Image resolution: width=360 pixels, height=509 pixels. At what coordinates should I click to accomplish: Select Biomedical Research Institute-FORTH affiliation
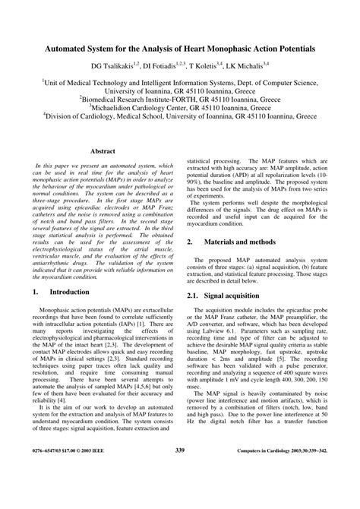pyautogui.click(x=141, y=97)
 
